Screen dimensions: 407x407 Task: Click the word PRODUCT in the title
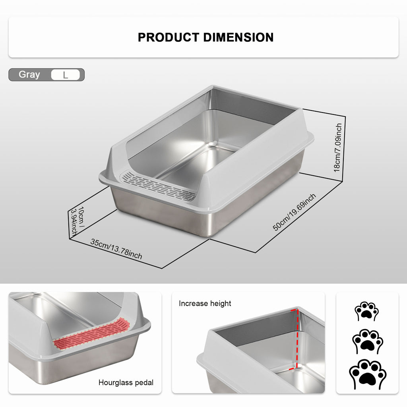pos(169,37)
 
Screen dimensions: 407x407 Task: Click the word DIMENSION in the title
pos(238,37)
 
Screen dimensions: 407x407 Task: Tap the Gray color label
pos(29,74)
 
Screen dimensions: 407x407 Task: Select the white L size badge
pos(66,75)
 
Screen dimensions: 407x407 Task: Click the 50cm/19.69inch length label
pos(294,212)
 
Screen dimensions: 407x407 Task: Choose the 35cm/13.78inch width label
pos(116,249)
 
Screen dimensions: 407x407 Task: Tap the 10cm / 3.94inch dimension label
pos(78,221)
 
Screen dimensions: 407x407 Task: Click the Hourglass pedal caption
pos(126,383)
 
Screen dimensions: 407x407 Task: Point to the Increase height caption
pos(205,304)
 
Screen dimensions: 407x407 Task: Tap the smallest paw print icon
pos(366,311)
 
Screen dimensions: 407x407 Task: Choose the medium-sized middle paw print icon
pos(367,341)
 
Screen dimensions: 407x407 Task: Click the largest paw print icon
pos(367,374)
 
